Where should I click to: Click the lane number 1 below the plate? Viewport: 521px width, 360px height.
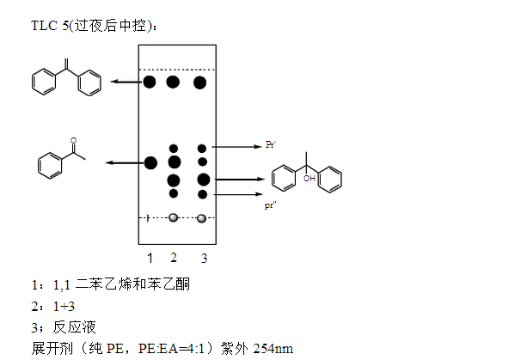coord(150,257)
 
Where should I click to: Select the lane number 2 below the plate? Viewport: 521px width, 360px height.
coord(174,257)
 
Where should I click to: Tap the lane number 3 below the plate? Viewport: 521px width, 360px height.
coord(204,257)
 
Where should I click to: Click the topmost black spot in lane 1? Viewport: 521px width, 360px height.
coord(150,82)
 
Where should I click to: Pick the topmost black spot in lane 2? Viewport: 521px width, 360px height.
coord(174,82)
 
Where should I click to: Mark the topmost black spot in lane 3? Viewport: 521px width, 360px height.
coord(201,82)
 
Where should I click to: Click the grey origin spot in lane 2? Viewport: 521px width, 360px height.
coord(174,218)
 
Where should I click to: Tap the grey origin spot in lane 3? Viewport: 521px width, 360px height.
coord(202,218)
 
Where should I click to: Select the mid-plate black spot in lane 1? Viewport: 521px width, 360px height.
coord(150,162)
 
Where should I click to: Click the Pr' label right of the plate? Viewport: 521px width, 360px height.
coord(270,147)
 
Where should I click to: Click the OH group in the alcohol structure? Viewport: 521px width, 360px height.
coord(309,179)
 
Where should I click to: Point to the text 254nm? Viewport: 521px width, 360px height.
coord(279,348)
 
